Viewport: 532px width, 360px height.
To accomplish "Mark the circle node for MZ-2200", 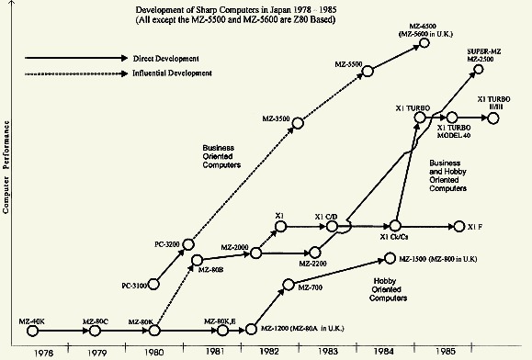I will [x=314, y=251].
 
